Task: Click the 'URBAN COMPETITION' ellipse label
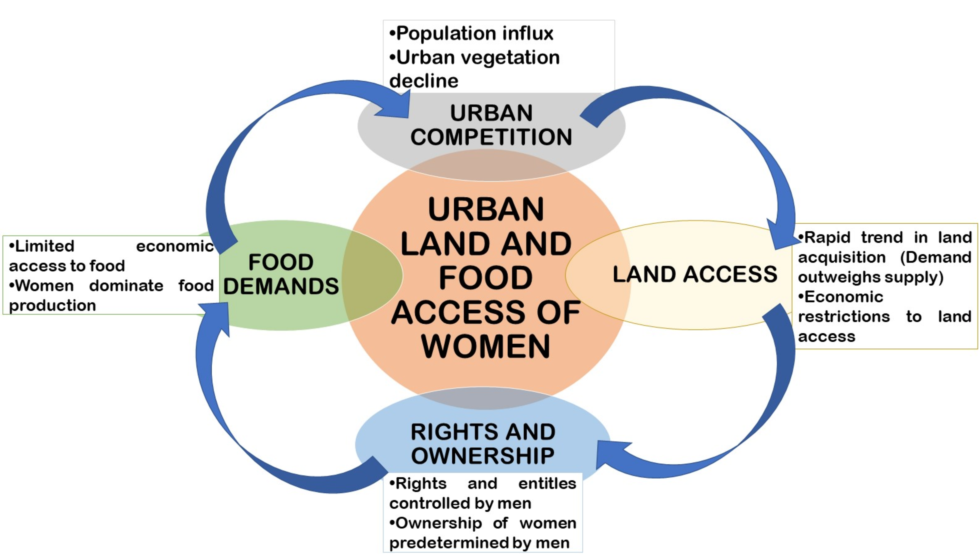pyautogui.click(x=491, y=125)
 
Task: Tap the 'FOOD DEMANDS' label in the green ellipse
pyautogui.click(x=281, y=274)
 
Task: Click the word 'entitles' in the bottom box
pyautogui.click(x=547, y=484)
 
